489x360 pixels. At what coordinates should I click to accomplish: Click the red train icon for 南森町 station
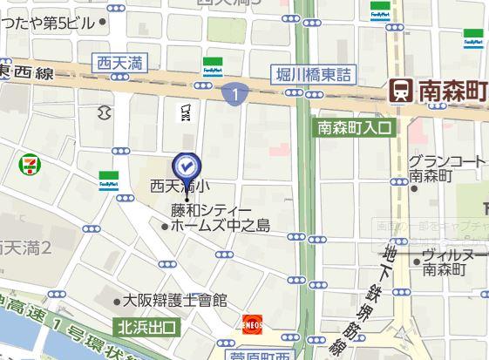point(401,88)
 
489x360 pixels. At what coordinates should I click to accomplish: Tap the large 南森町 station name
point(452,88)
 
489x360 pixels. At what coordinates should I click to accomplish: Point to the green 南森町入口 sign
point(356,127)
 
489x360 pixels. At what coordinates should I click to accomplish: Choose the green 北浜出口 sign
point(146,328)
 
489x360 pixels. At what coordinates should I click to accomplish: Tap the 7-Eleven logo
point(29,162)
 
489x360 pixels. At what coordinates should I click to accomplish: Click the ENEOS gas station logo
point(253,323)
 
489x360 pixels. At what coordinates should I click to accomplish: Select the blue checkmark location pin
point(187,165)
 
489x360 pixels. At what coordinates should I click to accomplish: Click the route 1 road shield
point(234,92)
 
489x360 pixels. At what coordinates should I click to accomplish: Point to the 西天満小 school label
point(180,186)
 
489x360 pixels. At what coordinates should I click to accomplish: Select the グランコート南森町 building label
point(445,167)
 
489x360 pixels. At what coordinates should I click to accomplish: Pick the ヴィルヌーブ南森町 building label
point(452,262)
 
